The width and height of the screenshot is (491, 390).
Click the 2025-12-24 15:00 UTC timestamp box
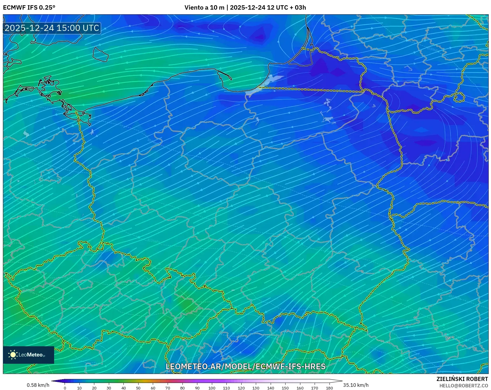(52, 28)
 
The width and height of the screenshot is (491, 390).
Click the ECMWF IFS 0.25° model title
(29, 8)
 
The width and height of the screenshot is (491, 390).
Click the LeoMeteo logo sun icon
(13, 355)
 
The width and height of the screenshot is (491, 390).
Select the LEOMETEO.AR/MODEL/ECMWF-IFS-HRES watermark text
(245, 366)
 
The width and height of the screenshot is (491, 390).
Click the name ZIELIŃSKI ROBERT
(462, 379)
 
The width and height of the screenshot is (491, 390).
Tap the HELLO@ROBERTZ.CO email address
(463, 386)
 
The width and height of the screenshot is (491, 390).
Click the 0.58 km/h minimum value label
(38, 385)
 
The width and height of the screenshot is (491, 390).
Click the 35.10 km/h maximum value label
(356, 385)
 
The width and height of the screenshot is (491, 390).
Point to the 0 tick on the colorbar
(65, 388)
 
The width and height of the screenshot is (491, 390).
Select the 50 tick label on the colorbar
(138, 388)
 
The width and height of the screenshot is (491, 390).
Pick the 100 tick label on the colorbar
(212, 388)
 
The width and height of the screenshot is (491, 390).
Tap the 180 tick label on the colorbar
(329, 388)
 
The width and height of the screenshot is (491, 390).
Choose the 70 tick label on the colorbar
(168, 388)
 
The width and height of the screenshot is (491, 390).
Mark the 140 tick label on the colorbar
(270, 388)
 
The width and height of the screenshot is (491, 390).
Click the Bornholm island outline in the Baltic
(100, 54)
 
